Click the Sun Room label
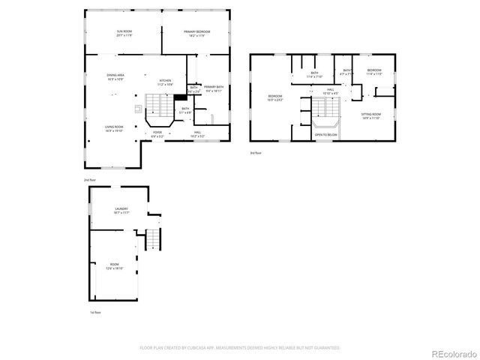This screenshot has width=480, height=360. coord(123,33)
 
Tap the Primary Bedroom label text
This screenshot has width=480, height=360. coord(197,33)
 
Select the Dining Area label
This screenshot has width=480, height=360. coord(115,76)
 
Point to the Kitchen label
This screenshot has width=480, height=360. coord(165,82)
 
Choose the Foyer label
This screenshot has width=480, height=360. coord(157,134)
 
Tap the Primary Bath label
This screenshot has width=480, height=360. coord(213,88)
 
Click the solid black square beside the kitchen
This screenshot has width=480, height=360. coord(180,97)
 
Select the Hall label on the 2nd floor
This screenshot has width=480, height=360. coord(197,134)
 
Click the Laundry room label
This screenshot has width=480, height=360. coord(121,211)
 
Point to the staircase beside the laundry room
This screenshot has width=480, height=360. coord(153,238)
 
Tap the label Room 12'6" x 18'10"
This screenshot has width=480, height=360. coord(114,266)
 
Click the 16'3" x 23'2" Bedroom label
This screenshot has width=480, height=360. coord(275,97)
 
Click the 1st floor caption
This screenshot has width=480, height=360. coord(95,312)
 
